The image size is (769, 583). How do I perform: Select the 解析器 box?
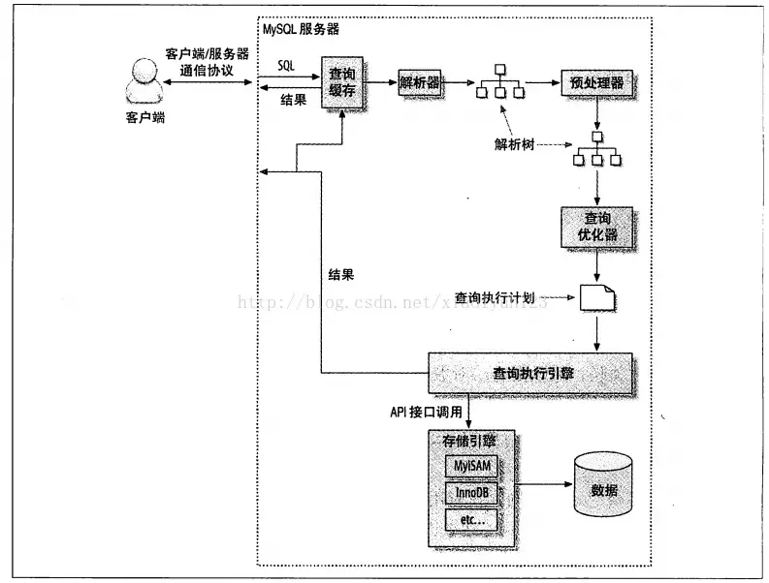tap(420, 82)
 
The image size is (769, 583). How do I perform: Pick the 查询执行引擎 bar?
tap(530, 371)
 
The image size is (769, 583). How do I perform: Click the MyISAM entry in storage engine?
tap(470, 466)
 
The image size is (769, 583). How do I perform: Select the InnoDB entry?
tap(470, 493)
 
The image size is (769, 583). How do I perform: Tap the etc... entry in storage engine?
tap(470, 521)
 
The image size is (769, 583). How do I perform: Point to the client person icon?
tap(144, 80)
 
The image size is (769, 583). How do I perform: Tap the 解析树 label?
tap(513, 145)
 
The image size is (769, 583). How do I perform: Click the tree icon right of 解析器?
tap(499, 84)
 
